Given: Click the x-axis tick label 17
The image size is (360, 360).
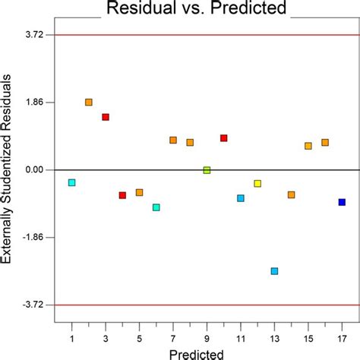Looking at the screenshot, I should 342,338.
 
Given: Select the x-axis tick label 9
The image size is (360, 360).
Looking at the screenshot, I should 207,338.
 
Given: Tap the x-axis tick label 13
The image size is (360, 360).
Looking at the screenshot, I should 274,338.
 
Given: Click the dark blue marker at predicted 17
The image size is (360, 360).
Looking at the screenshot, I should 342,202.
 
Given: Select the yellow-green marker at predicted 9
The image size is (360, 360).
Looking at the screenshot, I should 207,170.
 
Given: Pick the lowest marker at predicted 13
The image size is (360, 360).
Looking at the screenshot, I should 274,271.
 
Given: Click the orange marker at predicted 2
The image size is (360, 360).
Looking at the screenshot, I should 89,102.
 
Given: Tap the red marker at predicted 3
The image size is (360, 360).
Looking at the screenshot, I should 106,117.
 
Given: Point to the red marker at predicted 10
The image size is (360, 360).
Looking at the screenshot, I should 224,138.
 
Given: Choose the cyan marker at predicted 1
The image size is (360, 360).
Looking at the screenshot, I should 71,182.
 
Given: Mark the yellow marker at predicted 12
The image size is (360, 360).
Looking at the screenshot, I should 257,184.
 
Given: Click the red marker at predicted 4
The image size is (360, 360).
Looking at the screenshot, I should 122,195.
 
